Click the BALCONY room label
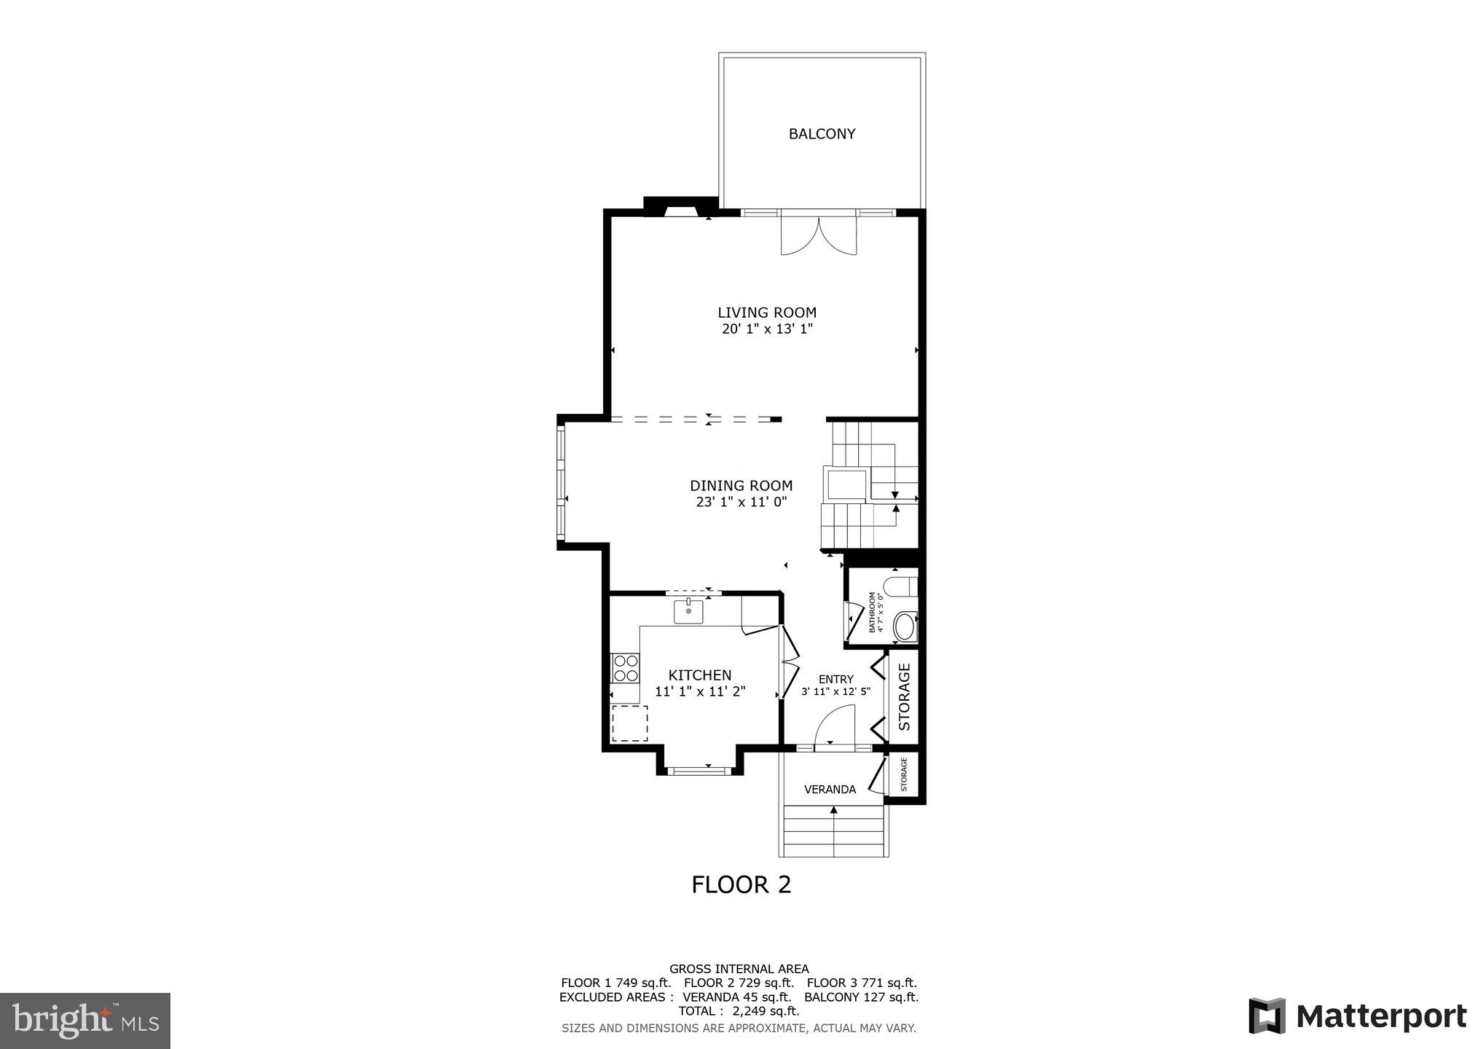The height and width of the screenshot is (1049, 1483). click(822, 134)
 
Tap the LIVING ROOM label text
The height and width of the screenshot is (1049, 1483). click(767, 313)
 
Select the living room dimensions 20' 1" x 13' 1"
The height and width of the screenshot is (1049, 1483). click(767, 329)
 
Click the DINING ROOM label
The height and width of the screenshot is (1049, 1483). click(741, 486)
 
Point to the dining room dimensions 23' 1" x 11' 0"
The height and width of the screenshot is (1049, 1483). click(741, 502)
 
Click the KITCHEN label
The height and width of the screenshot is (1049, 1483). click(699, 675)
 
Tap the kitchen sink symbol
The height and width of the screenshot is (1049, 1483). click(688, 612)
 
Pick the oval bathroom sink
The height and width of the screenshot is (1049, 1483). click(904, 627)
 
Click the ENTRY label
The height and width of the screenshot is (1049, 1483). click(835, 679)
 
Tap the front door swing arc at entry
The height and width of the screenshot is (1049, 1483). click(835, 728)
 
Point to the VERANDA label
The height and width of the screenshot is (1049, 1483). click(830, 790)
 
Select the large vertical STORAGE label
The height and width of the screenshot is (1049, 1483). click(905, 697)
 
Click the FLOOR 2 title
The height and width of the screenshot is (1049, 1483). click(741, 884)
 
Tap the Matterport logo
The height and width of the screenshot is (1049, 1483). click(1357, 1015)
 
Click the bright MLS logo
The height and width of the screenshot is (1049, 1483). click(85, 1020)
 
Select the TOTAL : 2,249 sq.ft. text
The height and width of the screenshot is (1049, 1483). click(739, 1011)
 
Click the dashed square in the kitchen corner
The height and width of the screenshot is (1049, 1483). click(629, 723)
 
